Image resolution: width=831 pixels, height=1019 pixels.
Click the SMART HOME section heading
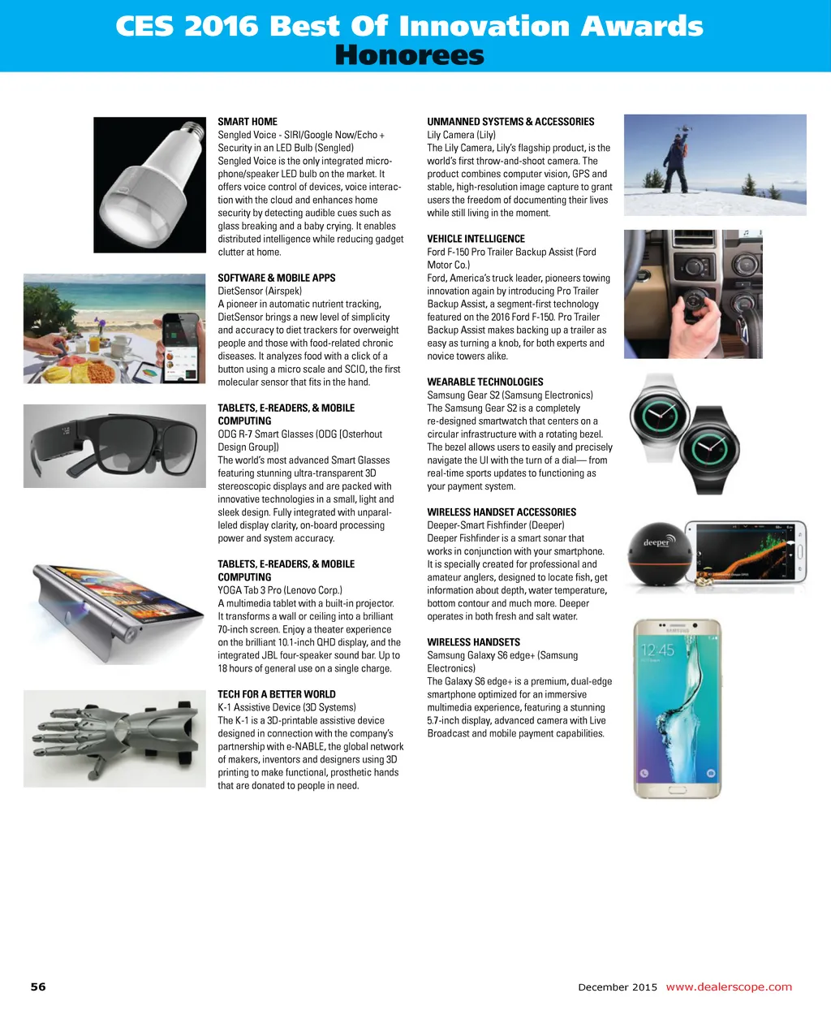coord(248,122)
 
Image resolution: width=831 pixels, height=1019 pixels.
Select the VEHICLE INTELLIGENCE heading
coord(476,239)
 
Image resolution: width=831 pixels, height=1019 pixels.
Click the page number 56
coord(38,987)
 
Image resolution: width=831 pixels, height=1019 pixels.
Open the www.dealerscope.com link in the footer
coord(728,987)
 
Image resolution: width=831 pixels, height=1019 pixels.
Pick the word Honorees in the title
coord(409,55)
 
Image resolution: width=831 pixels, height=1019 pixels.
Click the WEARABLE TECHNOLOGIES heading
coord(485,382)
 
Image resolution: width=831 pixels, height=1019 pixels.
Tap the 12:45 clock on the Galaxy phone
coord(657,650)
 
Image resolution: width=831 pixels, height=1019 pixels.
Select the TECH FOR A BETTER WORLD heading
coord(276,694)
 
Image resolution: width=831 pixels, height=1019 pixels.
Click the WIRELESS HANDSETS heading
coord(473,642)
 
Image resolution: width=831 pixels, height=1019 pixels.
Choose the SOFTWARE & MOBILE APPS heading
coord(276,278)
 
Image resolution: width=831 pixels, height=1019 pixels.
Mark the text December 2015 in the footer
coord(618,987)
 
